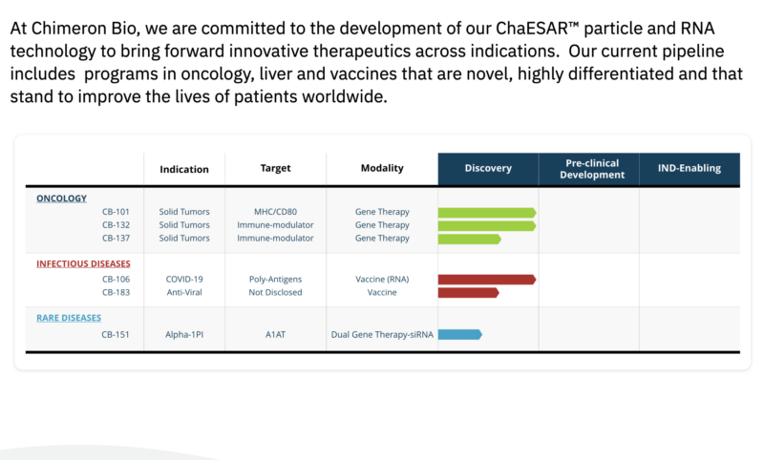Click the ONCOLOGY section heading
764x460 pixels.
[61, 199]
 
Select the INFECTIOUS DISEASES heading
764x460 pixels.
[83, 263]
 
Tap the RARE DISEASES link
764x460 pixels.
[69, 318]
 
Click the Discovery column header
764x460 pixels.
[488, 168]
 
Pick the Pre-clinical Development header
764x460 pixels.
[592, 169]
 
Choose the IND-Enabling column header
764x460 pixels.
[690, 168]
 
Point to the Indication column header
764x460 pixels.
[184, 169]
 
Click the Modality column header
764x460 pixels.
[382, 168]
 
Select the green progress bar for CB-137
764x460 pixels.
[469, 239]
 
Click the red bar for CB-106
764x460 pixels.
[487, 280]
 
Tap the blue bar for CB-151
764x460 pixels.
[460, 334]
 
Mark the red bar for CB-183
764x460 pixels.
[469, 293]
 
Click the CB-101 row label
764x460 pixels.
[116, 212]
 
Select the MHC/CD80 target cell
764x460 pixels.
[275, 212]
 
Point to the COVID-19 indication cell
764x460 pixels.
[184, 279]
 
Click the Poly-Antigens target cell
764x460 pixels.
[275, 280]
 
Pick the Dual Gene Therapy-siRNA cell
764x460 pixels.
[382, 334]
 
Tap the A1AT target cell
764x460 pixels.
[275, 334]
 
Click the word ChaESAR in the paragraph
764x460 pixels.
[532, 29]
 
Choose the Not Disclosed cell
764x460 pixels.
[275, 292]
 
